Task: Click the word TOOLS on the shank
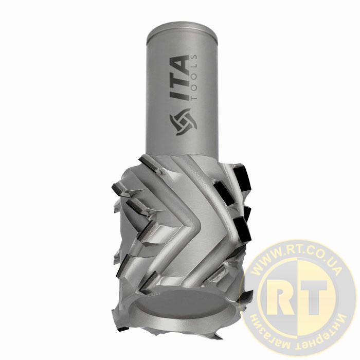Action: coord(194,77)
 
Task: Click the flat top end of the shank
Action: coord(182,32)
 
